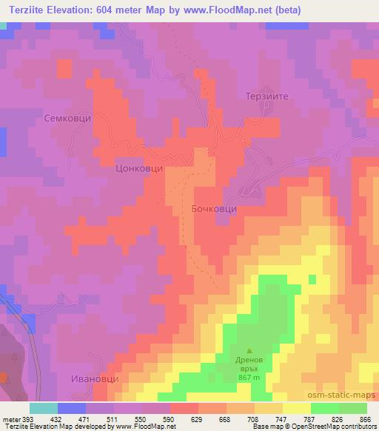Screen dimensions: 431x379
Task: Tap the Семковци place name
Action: point(110,117)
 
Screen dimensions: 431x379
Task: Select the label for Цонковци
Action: point(139,168)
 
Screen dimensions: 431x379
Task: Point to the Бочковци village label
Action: point(214,210)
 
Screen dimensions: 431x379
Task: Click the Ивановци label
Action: point(95,378)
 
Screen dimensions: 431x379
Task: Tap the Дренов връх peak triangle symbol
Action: point(249,350)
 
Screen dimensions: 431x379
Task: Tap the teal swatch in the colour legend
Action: point(43,408)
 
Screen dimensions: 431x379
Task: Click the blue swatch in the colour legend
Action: point(71,408)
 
